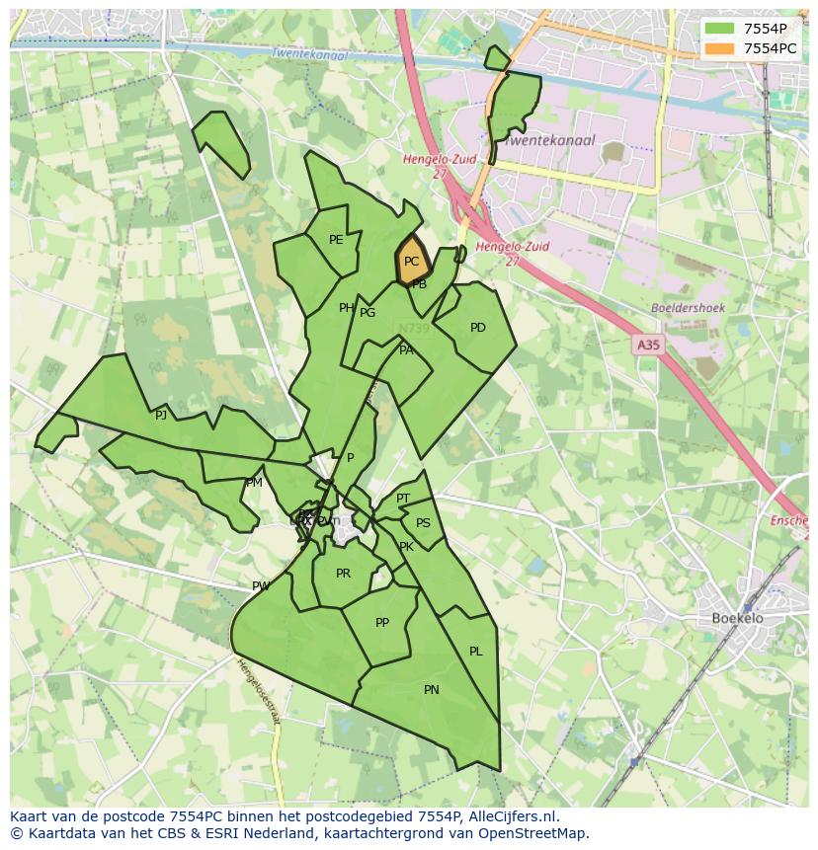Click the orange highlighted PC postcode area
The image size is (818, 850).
(x=412, y=262)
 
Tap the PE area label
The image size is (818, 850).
(x=336, y=240)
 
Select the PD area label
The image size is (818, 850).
(x=478, y=328)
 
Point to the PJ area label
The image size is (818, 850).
(x=161, y=416)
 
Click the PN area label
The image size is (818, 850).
(x=432, y=690)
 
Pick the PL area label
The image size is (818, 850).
(x=476, y=652)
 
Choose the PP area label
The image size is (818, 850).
(x=382, y=623)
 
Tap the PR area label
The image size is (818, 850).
(x=343, y=574)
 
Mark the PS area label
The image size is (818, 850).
(x=424, y=523)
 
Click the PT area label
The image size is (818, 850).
(x=403, y=499)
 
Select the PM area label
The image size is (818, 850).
(x=255, y=483)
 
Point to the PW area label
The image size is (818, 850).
(x=261, y=586)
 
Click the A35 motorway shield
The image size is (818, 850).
(x=648, y=345)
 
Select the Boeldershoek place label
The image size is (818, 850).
(x=689, y=308)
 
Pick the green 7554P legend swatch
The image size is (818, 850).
(x=720, y=29)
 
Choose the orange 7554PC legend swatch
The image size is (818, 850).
(x=720, y=48)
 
